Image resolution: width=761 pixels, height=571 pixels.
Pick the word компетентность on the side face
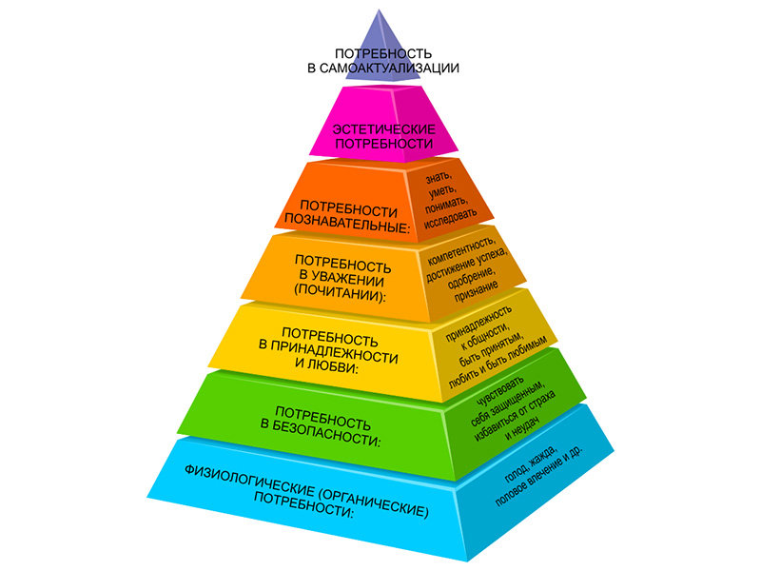coord(461,249)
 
